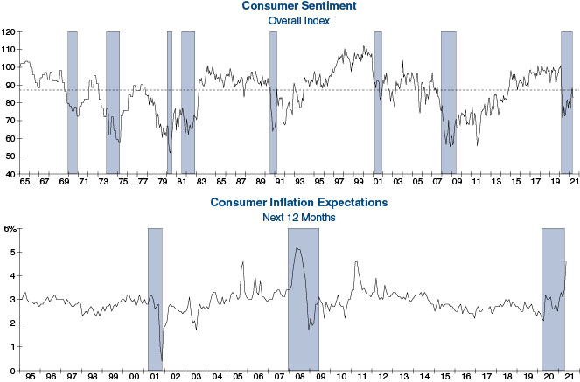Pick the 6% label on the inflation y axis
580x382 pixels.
10,228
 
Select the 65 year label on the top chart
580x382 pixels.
24,183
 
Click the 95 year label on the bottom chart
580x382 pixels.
31,378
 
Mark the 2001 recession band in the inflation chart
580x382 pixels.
155,297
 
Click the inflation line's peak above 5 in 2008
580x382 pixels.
297,248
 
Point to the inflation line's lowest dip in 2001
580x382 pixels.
162,360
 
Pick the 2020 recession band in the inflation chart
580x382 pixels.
553,297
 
